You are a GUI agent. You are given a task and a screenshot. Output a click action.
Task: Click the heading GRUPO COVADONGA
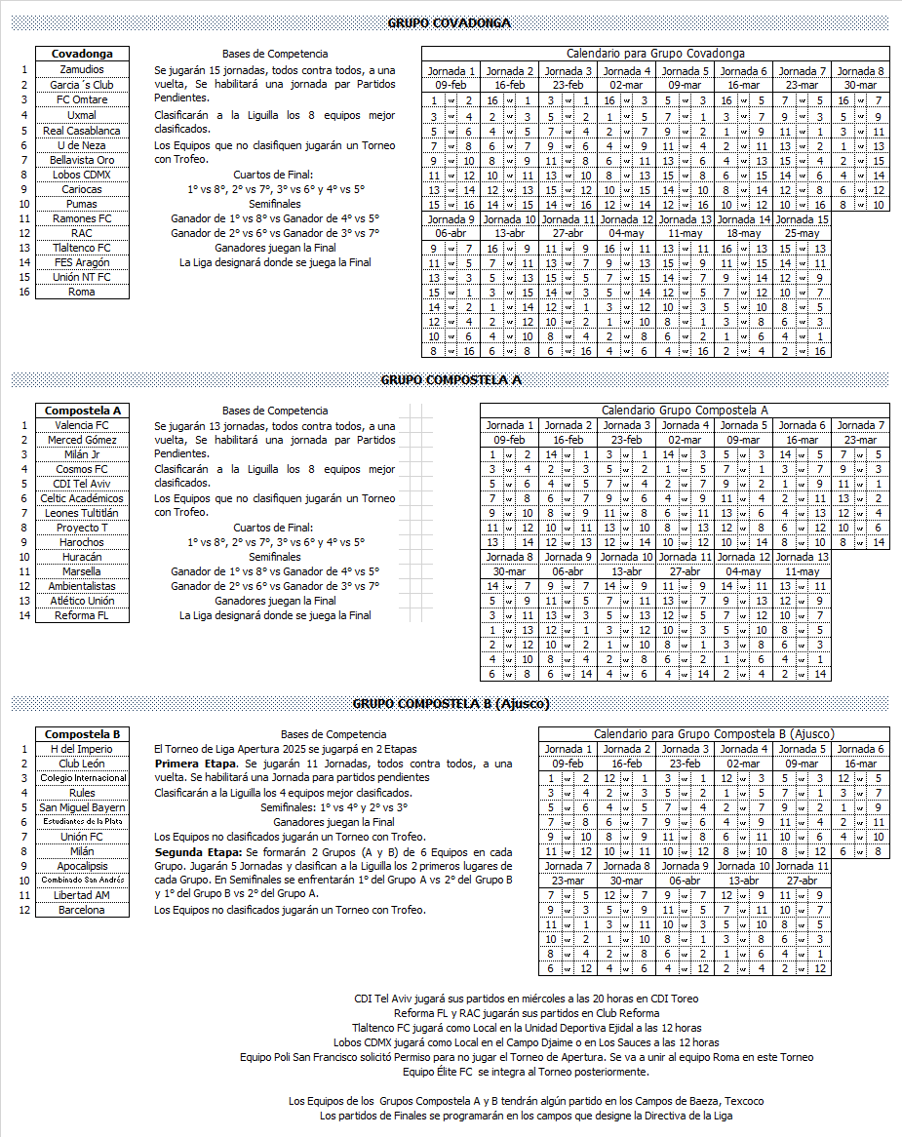click(450, 22)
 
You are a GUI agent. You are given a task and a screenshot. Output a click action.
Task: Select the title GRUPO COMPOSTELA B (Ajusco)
click(451, 703)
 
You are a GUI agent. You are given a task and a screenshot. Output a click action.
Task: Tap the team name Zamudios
click(82, 70)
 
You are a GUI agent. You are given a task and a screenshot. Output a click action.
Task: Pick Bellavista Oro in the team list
click(82, 159)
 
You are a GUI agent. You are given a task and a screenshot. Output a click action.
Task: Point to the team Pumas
click(82, 204)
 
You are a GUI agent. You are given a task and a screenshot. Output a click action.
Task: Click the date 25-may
click(802, 233)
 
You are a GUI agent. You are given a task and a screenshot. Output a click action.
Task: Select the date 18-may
click(743, 233)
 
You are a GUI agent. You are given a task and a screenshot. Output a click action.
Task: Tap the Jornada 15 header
click(802, 219)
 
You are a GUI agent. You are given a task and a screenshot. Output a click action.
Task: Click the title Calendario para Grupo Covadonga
click(655, 54)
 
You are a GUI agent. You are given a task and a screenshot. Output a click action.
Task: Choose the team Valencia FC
click(82, 425)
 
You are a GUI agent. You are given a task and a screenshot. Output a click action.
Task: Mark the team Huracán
click(82, 557)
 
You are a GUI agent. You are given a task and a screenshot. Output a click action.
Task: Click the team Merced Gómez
click(82, 440)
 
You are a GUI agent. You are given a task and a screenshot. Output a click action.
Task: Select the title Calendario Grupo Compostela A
click(685, 411)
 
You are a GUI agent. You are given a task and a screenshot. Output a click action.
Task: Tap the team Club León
click(82, 764)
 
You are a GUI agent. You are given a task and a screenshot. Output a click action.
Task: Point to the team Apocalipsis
click(82, 866)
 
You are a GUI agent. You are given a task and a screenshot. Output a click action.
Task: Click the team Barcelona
click(82, 910)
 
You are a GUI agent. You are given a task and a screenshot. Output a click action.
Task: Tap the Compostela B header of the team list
click(82, 734)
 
